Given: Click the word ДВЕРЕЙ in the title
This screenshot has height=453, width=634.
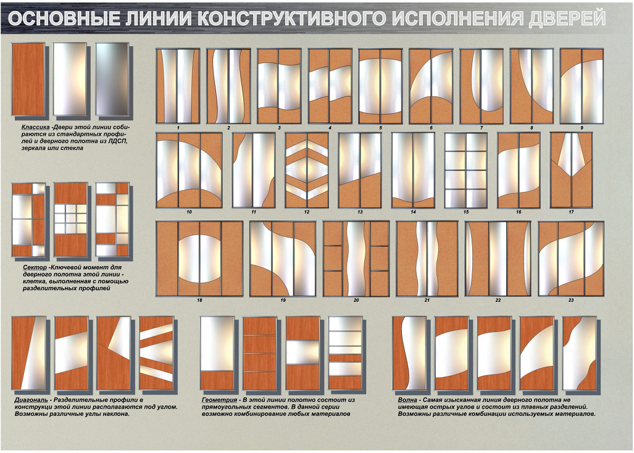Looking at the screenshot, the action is coord(567,18).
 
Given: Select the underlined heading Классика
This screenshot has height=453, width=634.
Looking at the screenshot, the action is coord(36,127).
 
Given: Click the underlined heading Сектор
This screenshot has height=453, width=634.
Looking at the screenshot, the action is coord(35,267).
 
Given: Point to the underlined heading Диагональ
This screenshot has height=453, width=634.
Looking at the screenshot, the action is coord(31,400).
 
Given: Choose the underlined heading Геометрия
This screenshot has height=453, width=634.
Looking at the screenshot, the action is coord(220,400).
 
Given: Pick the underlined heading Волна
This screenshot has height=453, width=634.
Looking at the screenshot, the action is coord(407,400).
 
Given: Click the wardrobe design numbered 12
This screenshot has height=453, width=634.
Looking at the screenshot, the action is coord(307,170).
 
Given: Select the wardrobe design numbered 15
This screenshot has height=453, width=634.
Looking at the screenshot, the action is coord(466,170).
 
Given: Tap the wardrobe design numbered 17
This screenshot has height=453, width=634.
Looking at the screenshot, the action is coord(571,170).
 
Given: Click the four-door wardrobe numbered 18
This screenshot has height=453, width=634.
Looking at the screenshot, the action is coord(199,258).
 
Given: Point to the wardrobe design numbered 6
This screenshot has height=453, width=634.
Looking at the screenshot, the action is coord(431,86).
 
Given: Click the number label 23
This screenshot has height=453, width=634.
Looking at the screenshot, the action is coord(571,300).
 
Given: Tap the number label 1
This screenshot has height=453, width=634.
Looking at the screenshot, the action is coord(178,128).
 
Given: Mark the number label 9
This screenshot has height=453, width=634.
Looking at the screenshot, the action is coord(582,128).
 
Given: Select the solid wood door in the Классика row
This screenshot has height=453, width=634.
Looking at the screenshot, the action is coord(28,79).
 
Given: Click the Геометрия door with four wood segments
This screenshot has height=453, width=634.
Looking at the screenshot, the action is coord(259,353).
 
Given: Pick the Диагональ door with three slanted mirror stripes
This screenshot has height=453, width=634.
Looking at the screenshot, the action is coord(156,353).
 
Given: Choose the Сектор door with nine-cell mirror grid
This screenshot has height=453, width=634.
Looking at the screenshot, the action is coord(71,220).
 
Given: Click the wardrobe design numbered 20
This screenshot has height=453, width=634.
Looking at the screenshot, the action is coord(356,258).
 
